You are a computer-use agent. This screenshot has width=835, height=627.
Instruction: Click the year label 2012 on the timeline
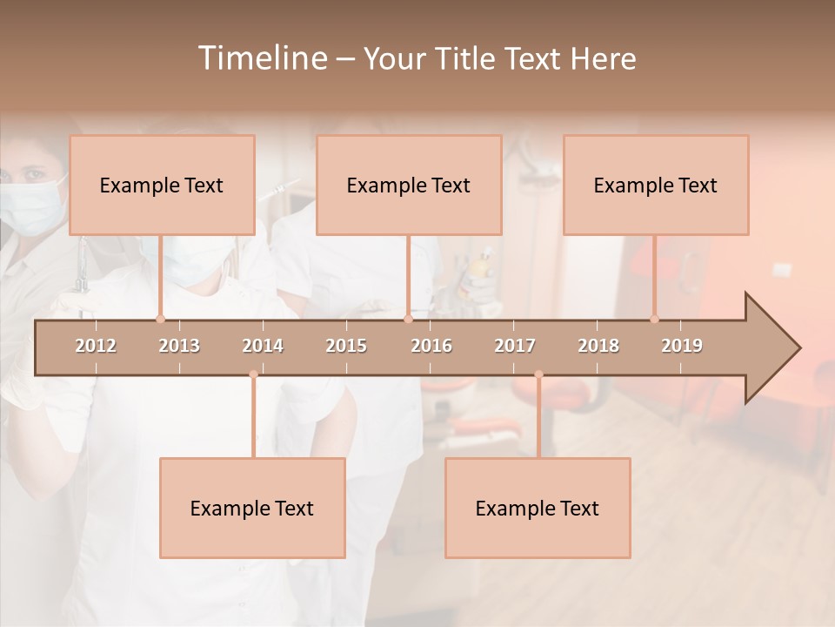tap(96, 346)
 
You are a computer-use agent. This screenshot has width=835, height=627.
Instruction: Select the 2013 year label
tap(179, 346)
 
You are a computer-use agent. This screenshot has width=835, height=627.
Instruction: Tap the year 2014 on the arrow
tap(263, 346)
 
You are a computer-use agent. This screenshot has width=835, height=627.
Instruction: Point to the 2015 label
tap(346, 346)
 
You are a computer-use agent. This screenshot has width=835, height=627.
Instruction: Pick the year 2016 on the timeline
tap(431, 346)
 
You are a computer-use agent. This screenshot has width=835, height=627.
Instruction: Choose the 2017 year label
tap(515, 346)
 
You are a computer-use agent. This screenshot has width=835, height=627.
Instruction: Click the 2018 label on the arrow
tap(598, 346)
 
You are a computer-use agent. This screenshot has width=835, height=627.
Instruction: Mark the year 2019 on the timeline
tap(682, 346)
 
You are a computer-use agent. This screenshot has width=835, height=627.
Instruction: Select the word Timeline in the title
tap(260, 58)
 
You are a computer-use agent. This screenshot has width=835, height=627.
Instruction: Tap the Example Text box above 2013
tap(162, 185)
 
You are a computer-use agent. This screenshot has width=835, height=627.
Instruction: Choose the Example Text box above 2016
tap(409, 185)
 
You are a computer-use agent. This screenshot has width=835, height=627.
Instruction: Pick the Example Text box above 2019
tap(656, 185)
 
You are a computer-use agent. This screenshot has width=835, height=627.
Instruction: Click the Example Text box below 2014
tap(252, 508)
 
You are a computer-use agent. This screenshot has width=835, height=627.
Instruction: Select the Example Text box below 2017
tap(538, 508)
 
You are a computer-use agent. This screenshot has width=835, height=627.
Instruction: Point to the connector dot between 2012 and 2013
tap(160, 319)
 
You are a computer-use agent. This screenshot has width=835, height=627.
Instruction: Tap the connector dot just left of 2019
tap(655, 319)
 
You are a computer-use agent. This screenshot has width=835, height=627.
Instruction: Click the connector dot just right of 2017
tap(538, 374)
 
